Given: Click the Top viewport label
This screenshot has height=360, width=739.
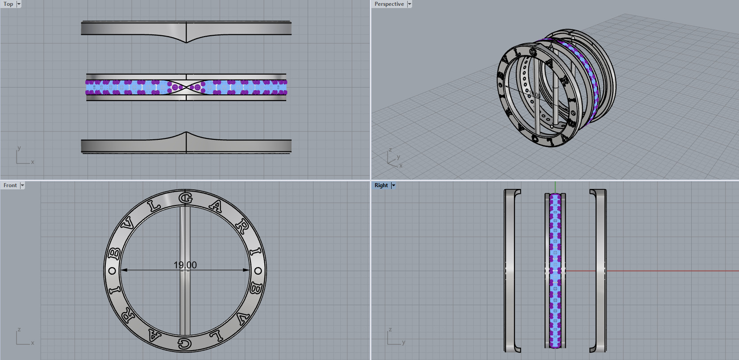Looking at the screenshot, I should pyautogui.click(x=8, y=4).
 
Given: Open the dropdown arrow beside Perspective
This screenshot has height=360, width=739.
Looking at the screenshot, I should pyautogui.click(x=409, y=4).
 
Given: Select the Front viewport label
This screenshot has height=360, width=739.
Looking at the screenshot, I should pyautogui.click(x=10, y=185).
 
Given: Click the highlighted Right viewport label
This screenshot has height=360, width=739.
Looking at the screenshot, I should pyautogui.click(x=381, y=185).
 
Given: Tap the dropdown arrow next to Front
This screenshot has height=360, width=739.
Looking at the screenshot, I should pyautogui.click(x=22, y=185).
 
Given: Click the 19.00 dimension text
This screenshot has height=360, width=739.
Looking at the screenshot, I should pyautogui.click(x=185, y=265).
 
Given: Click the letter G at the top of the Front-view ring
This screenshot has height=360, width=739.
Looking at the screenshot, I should pyautogui.click(x=185, y=198).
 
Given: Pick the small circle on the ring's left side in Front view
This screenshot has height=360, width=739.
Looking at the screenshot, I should pyautogui.click(x=113, y=271).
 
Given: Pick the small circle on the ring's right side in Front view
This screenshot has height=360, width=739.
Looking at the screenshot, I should pyautogui.click(x=258, y=271).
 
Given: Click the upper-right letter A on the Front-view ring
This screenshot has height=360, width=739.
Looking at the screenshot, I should pyautogui.click(x=216, y=206).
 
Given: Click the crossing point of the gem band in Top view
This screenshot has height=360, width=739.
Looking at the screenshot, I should pyautogui.click(x=186, y=87).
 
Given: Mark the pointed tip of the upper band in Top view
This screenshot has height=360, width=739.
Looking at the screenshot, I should pyautogui.click(x=186, y=42).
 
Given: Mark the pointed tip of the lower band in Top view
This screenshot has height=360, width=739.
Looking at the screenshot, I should pyautogui.click(x=186, y=132).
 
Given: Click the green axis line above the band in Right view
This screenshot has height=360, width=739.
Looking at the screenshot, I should pyautogui.click(x=555, y=187).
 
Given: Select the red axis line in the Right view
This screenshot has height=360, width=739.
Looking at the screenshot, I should pyautogui.click(x=670, y=271).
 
